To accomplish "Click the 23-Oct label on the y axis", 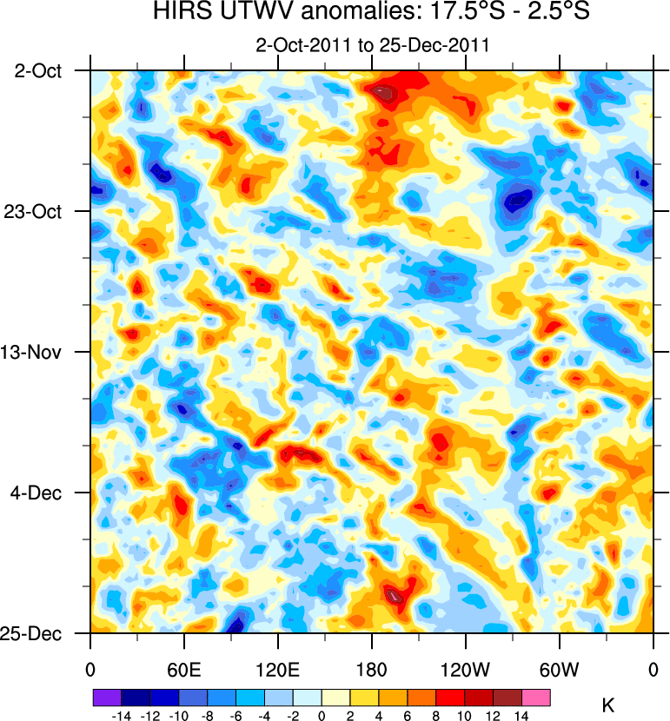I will [38, 211].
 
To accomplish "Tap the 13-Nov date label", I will [38, 352].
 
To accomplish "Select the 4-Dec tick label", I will [41, 493].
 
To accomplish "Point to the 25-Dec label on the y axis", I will [38, 633].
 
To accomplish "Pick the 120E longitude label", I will [277, 670].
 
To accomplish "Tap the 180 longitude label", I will [372, 670].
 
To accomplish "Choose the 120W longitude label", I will [465, 670].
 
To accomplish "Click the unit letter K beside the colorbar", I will [608, 705].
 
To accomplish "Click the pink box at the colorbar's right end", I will [536, 697].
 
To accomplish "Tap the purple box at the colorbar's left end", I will [106, 697].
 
